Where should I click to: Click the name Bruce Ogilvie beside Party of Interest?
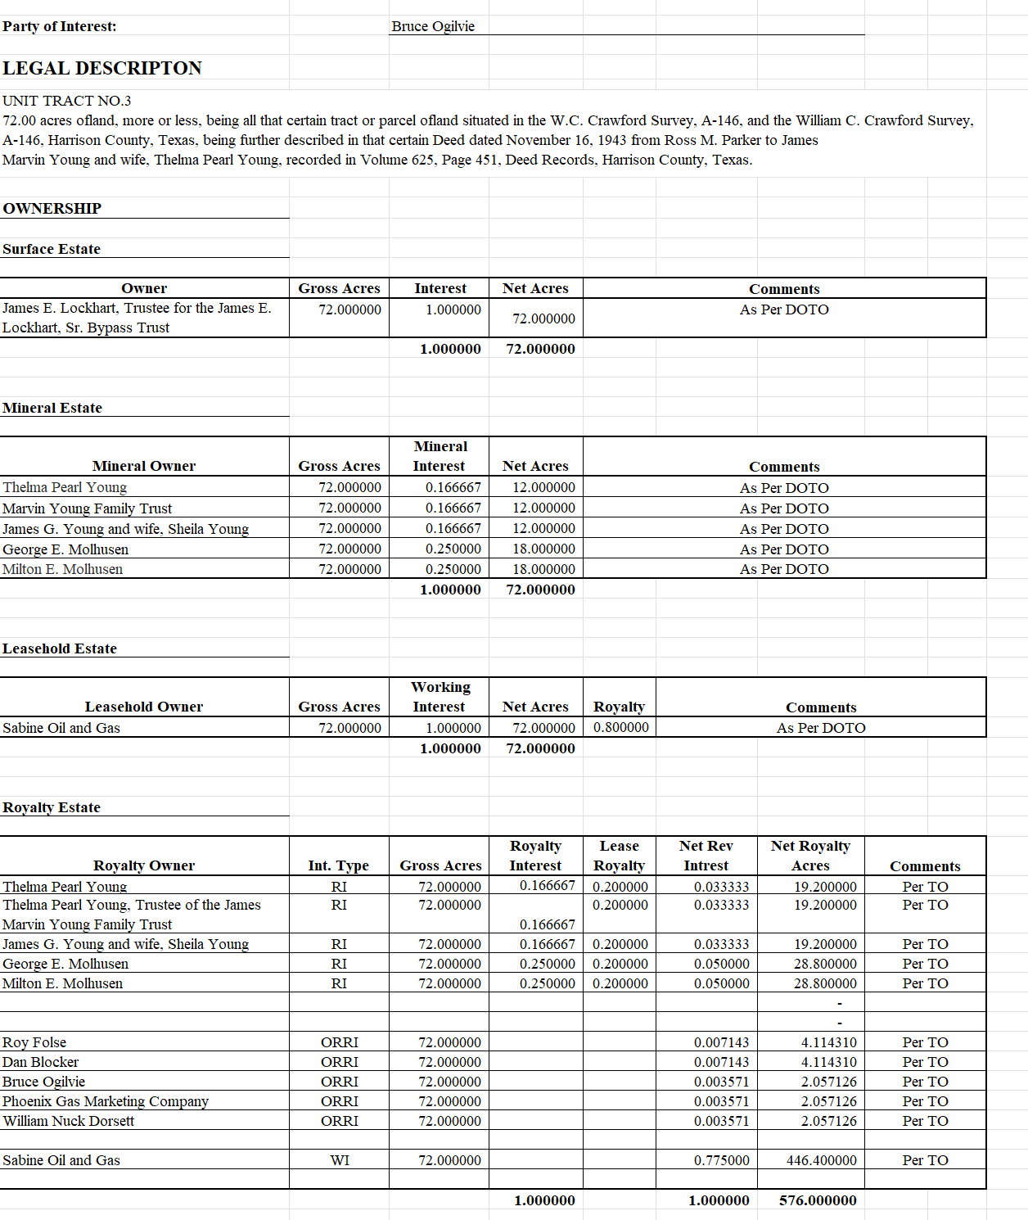433,26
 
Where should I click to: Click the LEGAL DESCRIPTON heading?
102,68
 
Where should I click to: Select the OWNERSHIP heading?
52,208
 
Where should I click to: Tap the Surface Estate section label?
52,249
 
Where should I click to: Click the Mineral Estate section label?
52,408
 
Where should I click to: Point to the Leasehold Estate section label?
60,648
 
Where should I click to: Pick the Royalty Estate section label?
52,807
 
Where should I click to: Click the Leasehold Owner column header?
144,707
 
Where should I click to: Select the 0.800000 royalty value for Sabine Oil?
621,727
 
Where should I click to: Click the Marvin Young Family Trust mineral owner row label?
88,508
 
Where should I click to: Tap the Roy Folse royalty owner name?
34,1042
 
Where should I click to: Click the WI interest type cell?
340,1160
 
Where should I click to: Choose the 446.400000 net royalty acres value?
822,1160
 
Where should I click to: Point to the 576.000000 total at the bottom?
818,1200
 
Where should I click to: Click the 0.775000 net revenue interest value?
721,1160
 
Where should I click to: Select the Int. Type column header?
339,865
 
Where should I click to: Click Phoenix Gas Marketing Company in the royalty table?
106,1101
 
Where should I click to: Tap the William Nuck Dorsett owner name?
69,1121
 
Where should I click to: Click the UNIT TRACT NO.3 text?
67,101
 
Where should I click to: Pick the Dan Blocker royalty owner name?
41,1062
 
